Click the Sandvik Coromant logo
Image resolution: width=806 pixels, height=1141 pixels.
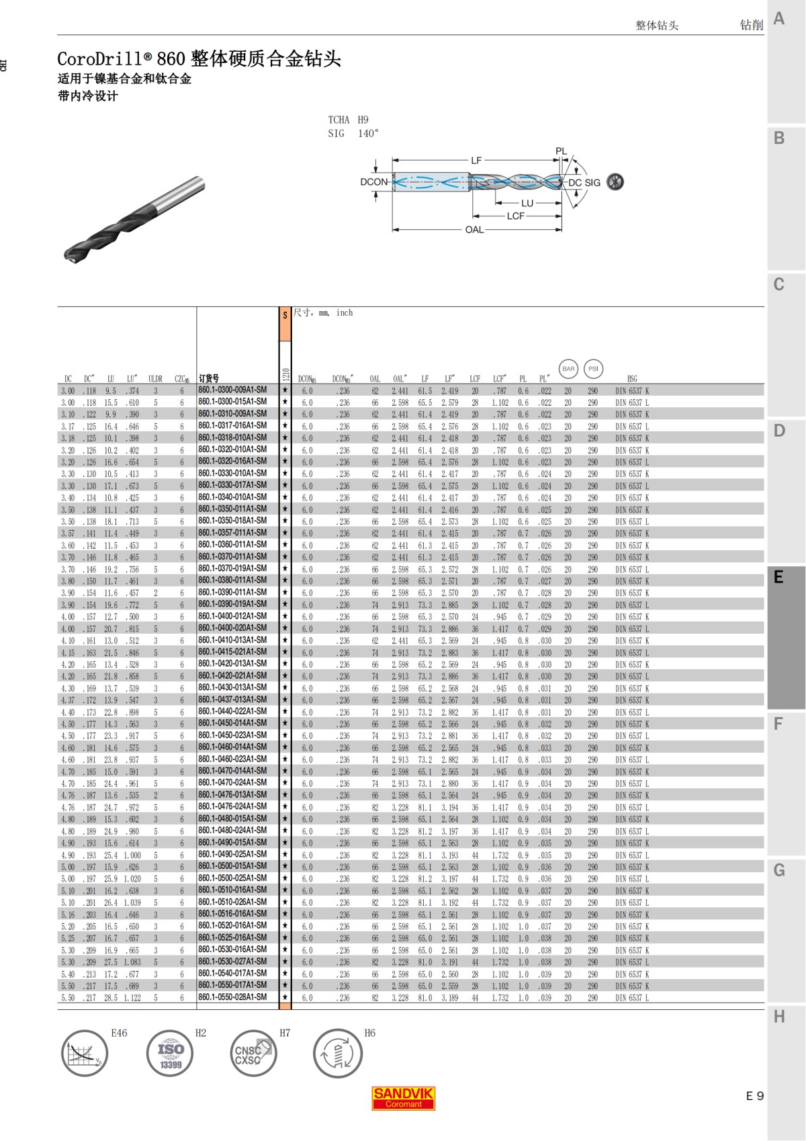point(403,1098)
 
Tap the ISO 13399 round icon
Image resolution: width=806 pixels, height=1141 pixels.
point(171,1053)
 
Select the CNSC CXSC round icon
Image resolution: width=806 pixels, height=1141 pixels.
point(253,1053)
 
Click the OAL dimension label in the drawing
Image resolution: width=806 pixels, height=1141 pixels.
point(474,230)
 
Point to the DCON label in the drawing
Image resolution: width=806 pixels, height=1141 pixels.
point(373,181)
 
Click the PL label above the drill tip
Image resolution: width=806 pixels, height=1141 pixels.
point(562,151)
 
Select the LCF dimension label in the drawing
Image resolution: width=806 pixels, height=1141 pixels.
point(516,216)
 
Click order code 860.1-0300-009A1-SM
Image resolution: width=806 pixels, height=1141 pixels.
point(232,390)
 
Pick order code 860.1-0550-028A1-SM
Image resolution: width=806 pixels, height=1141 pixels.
point(232,997)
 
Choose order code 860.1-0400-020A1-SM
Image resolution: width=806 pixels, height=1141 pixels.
point(232,628)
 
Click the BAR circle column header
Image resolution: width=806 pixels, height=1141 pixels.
point(568,368)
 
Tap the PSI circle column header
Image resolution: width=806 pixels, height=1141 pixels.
point(593,368)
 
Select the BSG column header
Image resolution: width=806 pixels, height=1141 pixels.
point(631,379)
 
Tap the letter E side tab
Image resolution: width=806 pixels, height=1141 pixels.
point(779,577)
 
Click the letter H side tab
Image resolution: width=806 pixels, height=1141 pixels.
point(779,1017)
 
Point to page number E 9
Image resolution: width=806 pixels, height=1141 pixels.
point(755,1096)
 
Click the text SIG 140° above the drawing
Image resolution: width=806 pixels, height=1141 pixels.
point(353,134)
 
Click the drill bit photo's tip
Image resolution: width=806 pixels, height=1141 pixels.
point(69,257)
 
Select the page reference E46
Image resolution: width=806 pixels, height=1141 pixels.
point(119,1033)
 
